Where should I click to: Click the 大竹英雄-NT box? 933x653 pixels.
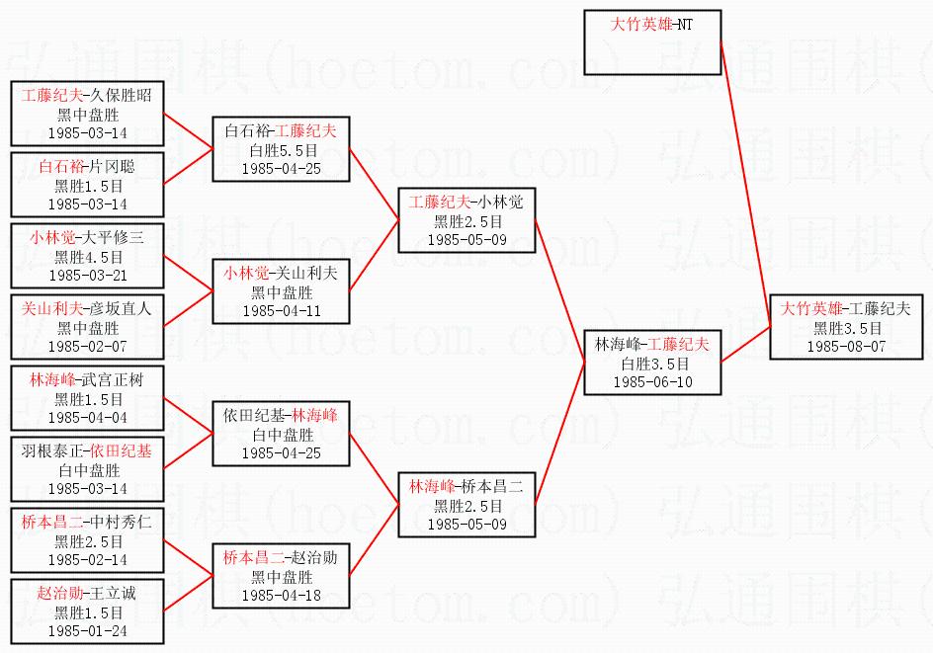pos(652,36)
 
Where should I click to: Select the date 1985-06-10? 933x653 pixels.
pos(652,381)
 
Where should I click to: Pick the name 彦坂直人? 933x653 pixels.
pos(121,308)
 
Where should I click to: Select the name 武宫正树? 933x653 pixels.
pos(119,379)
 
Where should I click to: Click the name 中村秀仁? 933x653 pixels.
pos(121,522)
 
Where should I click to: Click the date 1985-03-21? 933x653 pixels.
pos(88,276)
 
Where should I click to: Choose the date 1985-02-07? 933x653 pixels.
pos(88,347)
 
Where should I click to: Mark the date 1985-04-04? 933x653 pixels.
pos(88,418)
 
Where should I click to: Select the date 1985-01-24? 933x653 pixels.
pos(88,631)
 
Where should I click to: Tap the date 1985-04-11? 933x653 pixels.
pos(282,311)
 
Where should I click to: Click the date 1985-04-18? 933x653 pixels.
pos(282,596)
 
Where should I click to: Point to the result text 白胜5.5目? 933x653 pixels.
pos(282,149)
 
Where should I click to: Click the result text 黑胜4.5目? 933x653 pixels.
pos(88,257)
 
